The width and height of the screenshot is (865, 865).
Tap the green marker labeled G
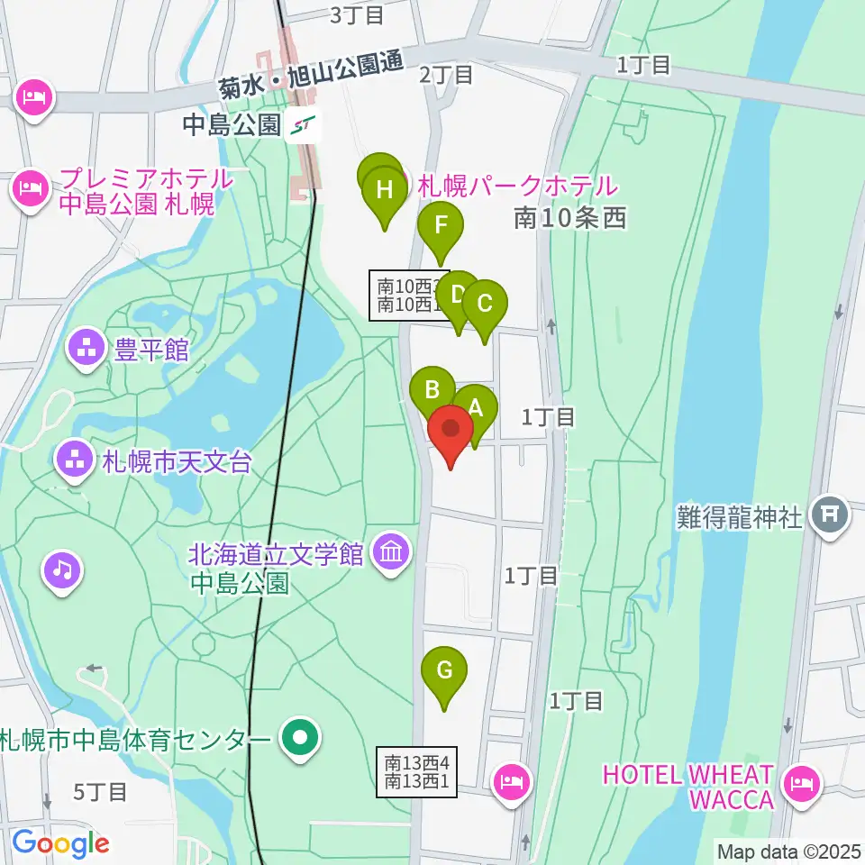coord(445,671)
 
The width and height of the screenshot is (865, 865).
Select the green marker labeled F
coord(441,225)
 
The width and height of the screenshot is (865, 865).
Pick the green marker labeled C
coord(485,305)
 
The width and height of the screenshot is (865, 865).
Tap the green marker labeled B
coord(432,390)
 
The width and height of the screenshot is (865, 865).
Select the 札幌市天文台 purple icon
coord(73,462)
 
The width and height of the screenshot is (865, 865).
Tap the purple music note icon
coord(62,569)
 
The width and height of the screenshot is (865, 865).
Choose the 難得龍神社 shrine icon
coord(829,516)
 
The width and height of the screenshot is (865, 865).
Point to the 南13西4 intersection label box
coord(417,772)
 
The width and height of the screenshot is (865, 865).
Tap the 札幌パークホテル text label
coord(515,187)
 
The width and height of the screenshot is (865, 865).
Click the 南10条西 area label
coord(569,217)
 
